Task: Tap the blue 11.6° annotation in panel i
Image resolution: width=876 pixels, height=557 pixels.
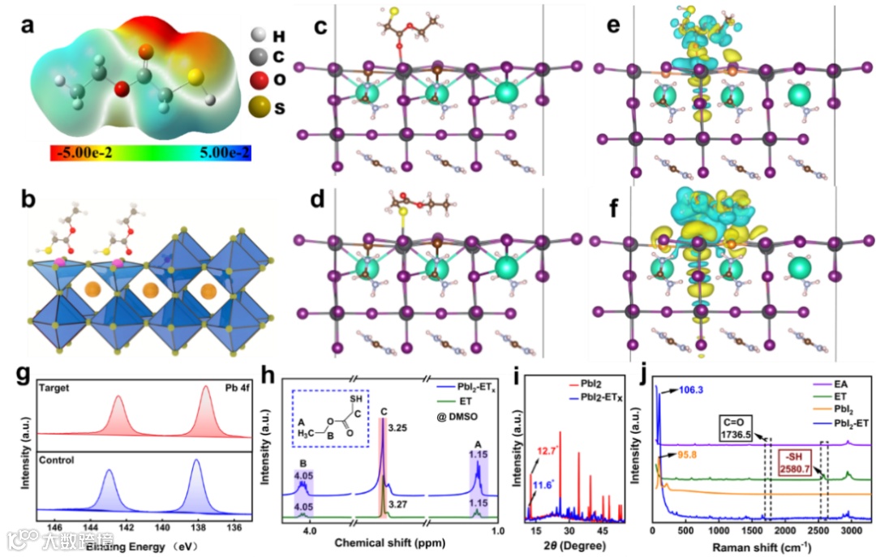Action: coord(543,486)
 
